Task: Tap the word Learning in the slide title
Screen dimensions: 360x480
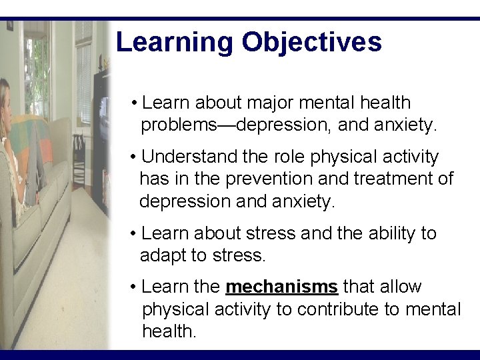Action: pos(175,42)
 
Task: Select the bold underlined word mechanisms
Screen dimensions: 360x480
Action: pos(281,287)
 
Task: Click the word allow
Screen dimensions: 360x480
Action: pos(400,287)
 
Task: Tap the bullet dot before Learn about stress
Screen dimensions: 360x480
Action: pos(134,234)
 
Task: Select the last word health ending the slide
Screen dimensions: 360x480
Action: pos(169,331)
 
